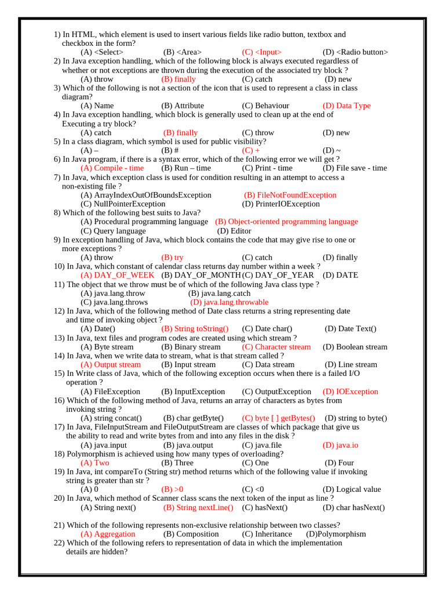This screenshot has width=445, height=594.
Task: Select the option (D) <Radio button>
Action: point(355,52)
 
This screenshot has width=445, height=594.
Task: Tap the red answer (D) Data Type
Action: point(346,106)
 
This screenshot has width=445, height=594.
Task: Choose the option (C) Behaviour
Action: point(265,106)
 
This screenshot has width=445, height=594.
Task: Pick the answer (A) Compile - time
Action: point(112,168)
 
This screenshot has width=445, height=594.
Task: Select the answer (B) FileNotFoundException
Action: point(290,195)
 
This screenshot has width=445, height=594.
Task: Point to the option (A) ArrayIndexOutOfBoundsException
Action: point(145,195)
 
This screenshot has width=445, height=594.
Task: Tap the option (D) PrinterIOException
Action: point(280,204)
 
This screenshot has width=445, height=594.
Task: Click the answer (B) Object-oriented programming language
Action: point(286,222)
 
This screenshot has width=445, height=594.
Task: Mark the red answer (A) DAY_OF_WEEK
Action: point(117,275)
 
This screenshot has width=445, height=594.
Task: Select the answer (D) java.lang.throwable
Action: point(229,302)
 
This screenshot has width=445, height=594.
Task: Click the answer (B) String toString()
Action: point(195,329)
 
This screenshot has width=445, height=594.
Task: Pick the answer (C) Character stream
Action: point(276,347)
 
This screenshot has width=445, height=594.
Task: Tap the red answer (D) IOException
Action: point(350,392)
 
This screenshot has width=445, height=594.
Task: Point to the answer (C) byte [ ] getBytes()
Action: point(278,418)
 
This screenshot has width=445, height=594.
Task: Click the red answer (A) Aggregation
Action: point(107,534)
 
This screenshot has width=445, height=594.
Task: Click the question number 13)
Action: point(60,338)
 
